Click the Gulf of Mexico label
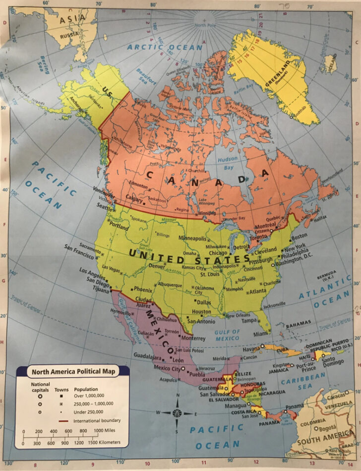pyautogui.click(x=227, y=335)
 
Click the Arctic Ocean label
pyautogui.click(x=165, y=47)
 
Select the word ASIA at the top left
pyautogui.click(x=71, y=20)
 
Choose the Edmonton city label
pyautogui.click(x=138, y=185)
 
